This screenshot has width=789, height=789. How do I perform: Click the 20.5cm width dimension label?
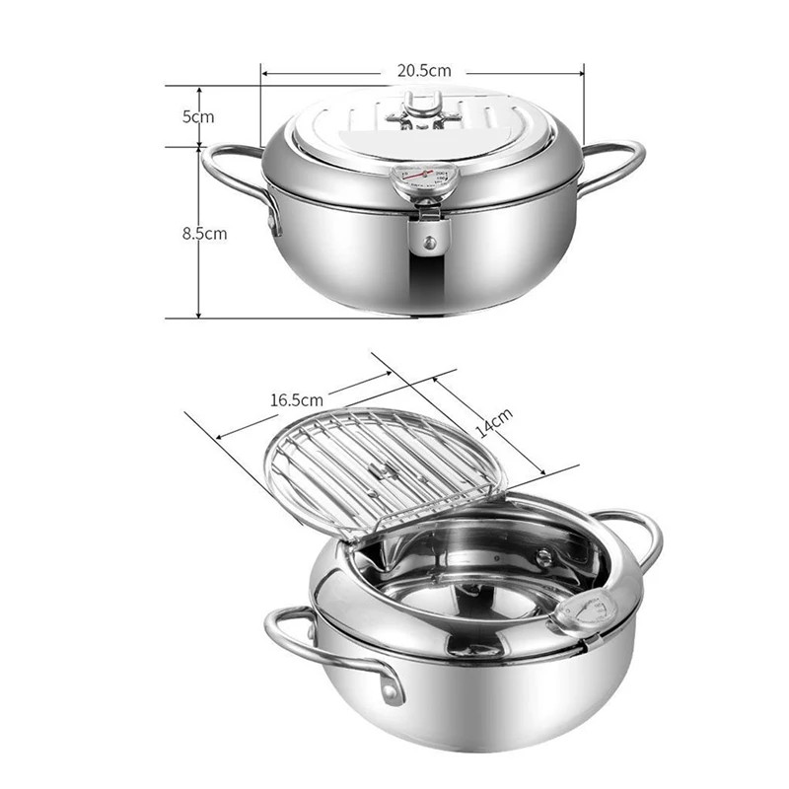point(424,70)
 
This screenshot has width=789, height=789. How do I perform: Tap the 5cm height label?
point(197,116)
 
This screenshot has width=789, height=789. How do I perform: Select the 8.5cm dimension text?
point(204,234)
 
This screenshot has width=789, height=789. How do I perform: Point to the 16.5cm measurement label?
point(296,400)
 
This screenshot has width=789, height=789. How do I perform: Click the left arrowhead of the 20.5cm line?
point(265,71)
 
